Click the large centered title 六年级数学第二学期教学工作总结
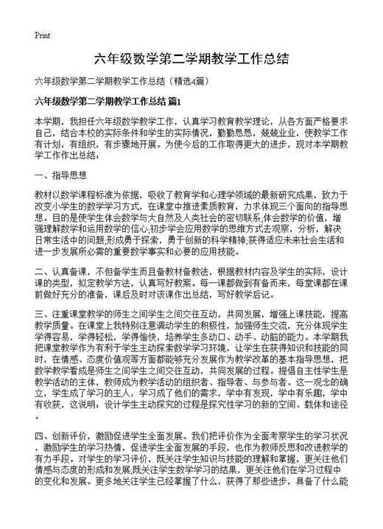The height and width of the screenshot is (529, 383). tap(191, 58)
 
